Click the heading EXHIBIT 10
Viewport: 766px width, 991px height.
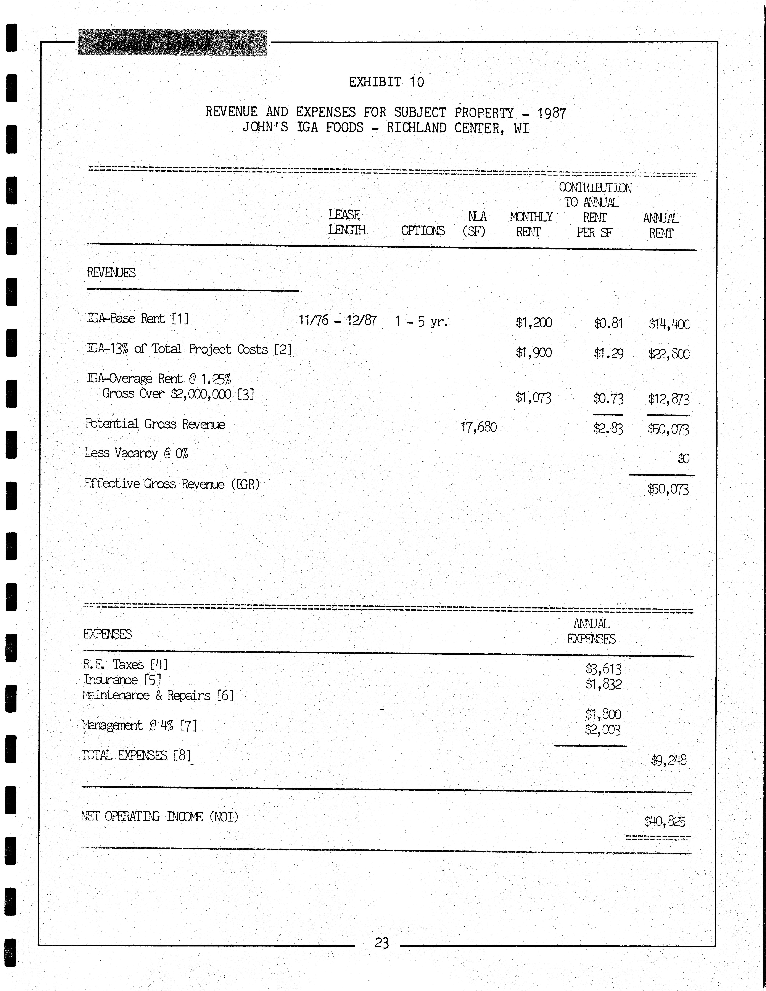click(x=386, y=82)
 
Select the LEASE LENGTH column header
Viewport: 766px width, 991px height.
click(x=346, y=222)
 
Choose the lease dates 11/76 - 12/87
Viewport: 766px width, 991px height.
click(x=337, y=321)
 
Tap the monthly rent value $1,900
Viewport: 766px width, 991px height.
click(x=534, y=353)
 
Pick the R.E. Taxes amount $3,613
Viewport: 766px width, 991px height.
click(x=603, y=669)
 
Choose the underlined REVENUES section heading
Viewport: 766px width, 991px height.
click(x=111, y=273)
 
